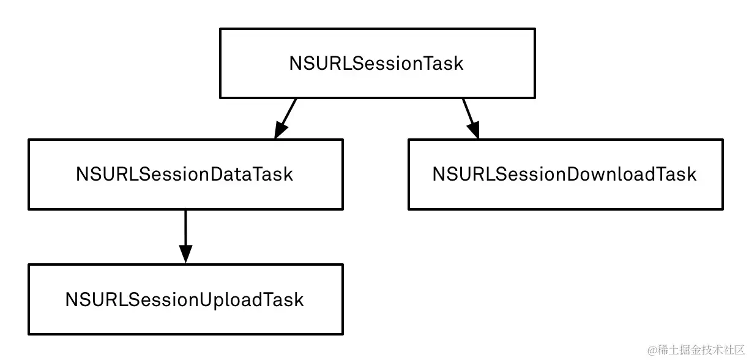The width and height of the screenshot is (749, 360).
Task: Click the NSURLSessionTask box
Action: [x=377, y=63]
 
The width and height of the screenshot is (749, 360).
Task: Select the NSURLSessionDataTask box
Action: [x=185, y=174]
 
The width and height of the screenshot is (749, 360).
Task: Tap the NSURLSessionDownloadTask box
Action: [x=565, y=174]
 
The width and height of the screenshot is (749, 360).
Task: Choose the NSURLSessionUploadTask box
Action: [x=185, y=299]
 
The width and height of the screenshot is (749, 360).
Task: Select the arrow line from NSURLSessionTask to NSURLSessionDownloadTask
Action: [x=468, y=110]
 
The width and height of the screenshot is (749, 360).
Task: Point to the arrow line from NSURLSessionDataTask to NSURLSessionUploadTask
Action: [x=185, y=227]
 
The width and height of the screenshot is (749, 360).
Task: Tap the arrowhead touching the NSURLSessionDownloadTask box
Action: [x=473, y=130]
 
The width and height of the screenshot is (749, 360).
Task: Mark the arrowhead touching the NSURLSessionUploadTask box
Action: [x=185, y=254]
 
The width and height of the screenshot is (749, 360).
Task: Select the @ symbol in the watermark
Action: [x=652, y=350]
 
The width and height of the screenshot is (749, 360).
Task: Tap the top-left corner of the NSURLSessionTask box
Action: [x=220, y=29]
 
